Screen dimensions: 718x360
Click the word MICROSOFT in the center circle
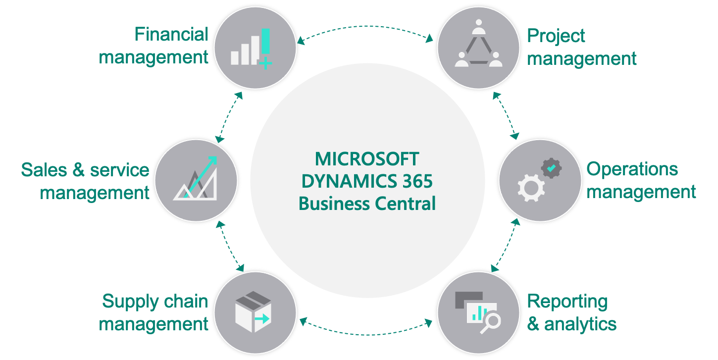(367, 159)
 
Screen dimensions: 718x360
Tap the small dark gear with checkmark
(551, 168)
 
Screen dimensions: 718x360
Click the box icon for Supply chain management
(252, 311)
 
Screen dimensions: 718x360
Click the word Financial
(171, 35)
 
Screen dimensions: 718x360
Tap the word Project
(556, 36)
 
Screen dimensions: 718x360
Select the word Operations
(632, 169)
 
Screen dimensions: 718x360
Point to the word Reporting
(567, 302)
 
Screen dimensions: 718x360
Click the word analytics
(580, 324)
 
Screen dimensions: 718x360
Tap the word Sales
(43, 170)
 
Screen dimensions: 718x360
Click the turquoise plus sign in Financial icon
(265, 63)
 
